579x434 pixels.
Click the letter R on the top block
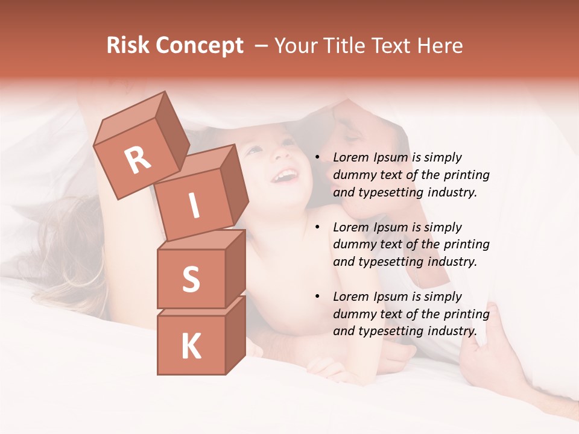(138, 160)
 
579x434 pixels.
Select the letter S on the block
(191, 279)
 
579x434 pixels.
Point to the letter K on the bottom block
(191, 347)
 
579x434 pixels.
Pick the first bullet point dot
(317, 158)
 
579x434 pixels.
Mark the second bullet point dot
(317, 228)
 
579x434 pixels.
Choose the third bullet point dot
(317, 297)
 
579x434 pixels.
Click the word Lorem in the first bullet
(350, 158)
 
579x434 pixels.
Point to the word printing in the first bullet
(466, 175)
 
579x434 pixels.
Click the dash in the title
(261, 46)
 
